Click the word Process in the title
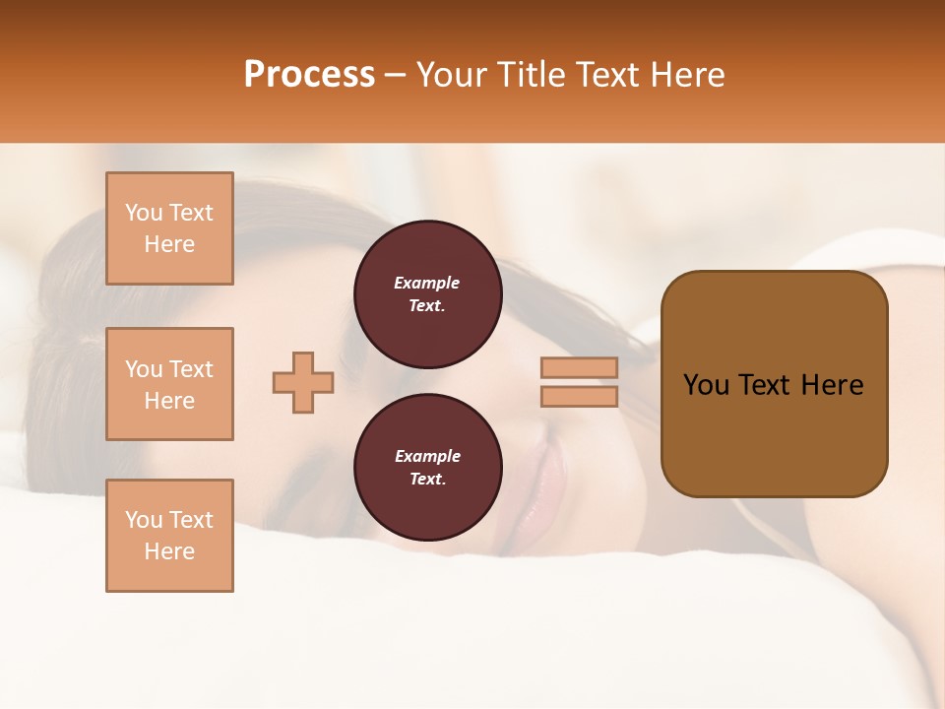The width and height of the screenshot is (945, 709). click(309, 74)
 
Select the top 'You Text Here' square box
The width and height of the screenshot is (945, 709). click(169, 228)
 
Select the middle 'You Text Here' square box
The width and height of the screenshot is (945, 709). click(169, 384)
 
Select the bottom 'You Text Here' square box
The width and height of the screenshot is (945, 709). click(169, 536)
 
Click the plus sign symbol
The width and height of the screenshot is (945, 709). click(303, 383)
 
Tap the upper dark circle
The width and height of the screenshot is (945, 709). click(427, 294)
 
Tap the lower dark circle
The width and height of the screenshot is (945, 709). click(427, 468)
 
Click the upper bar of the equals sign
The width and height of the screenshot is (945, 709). click(580, 367)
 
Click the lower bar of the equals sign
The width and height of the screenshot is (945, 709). click(580, 397)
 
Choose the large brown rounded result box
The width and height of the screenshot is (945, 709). click(774, 383)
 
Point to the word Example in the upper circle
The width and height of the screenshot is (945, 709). click(426, 283)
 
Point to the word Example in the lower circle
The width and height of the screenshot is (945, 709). click(426, 456)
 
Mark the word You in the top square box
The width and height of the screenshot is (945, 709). click(144, 213)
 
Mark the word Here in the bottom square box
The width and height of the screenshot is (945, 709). click(169, 551)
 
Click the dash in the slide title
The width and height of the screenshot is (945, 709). click(396, 75)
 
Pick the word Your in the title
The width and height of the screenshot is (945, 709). click(450, 74)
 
